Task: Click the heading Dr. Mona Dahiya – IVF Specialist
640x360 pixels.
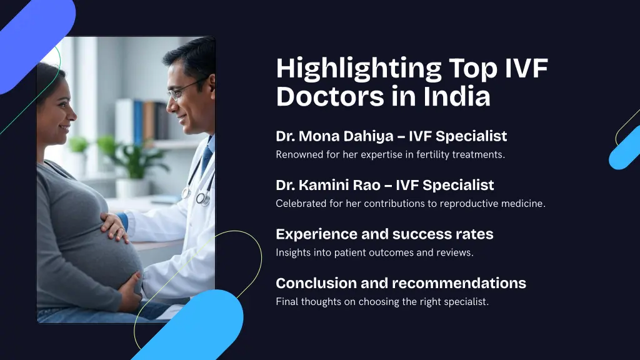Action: pyautogui.click(x=391, y=136)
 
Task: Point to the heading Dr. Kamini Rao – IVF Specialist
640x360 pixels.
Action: pyautogui.click(x=384, y=185)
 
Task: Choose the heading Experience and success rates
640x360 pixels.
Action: pyautogui.click(x=384, y=234)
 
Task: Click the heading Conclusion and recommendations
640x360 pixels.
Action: pyautogui.click(x=401, y=283)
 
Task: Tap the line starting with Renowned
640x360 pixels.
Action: pyautogui.click(x=390, y=154)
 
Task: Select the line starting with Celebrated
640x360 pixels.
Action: pyautogui.click(x=411, y=204)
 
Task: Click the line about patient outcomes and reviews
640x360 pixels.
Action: pyautogui.click(x=374, y=252)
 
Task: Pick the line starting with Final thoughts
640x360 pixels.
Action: pyautogui.click(x=382, y=302)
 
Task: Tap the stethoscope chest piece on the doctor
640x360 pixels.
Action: pyautogui.click(x=202, y=198)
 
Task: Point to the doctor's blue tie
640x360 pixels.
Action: pyautogui.click(x=206, y=159)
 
